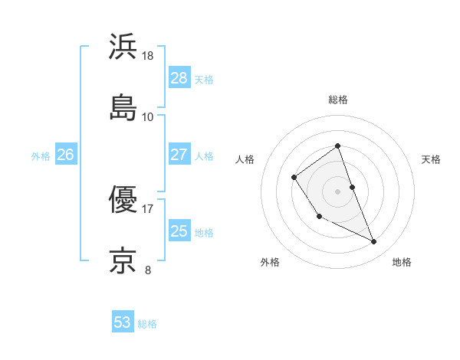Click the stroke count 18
[148, 57]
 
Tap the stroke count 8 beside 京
[148, 270]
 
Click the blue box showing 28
[179, 78]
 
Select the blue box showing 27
[179, 155]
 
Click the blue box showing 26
[65, 155]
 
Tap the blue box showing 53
[123, 322]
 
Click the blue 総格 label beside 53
[147, 324]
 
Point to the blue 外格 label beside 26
[41, 156]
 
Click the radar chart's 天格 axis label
[431, 159]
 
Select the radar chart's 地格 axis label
[402, 263]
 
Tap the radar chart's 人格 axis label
[245, 159]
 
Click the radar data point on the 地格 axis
[374, 242]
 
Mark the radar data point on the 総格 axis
[337, 146]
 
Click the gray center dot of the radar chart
[337, 191]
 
